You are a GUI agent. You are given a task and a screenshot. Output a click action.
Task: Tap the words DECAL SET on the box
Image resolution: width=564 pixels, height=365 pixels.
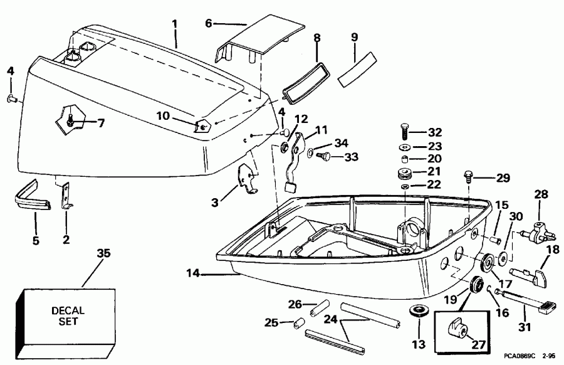coord(68,314)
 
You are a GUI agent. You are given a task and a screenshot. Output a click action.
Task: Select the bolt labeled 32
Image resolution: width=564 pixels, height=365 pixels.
coord(404,132)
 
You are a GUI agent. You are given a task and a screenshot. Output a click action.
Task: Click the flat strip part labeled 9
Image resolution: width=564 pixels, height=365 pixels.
coord(355,71)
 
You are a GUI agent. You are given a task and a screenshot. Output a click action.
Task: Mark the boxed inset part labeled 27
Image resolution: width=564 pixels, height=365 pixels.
coord(459,327)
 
